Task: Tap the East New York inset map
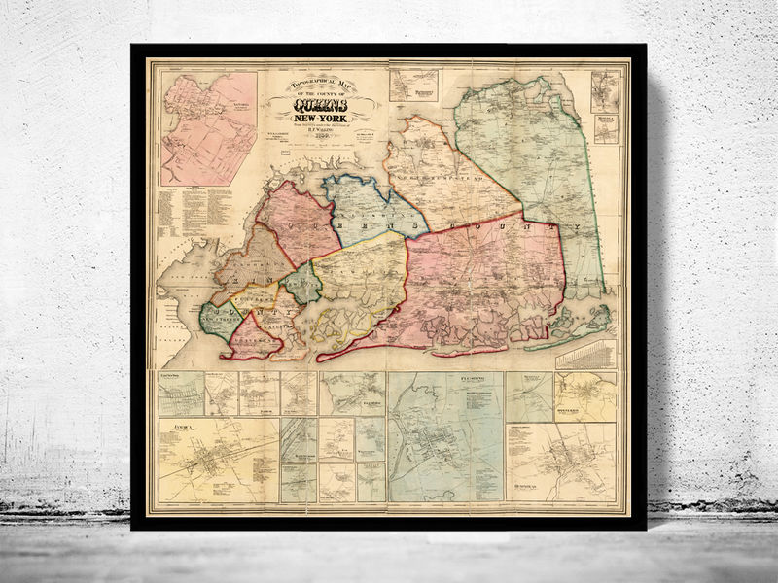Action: point(182,394)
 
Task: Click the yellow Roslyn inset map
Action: point(584,396)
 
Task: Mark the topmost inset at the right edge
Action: point(605,90)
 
